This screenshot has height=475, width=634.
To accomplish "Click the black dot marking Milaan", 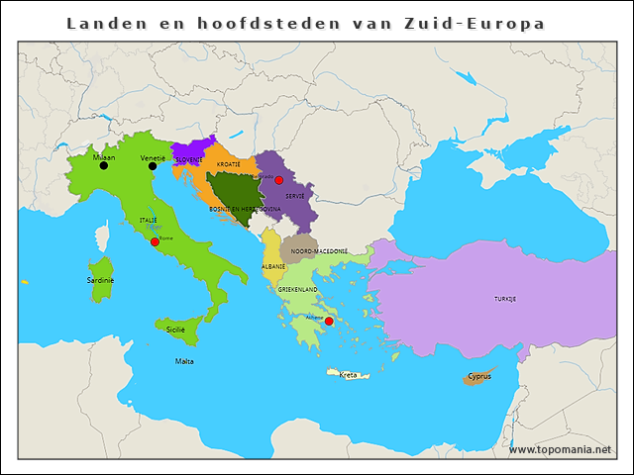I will (103, 166).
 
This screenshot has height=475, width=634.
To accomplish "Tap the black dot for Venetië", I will (153, 166).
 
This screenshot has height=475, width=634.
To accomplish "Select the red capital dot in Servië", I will (279, 180).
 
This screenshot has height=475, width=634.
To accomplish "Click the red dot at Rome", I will (155, 241).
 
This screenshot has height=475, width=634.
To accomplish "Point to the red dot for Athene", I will (329, 321).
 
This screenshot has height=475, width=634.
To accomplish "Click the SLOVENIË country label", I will (189, 159).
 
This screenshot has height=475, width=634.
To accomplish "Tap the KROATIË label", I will (229, 162).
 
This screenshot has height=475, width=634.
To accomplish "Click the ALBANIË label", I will (273, 266).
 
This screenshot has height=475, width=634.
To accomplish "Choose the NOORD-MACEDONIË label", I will (318, 251).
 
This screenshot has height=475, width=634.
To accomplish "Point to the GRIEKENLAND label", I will (297, 289).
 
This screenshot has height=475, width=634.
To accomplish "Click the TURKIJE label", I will (505, 298).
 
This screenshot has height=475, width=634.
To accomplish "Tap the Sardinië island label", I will (100, 280).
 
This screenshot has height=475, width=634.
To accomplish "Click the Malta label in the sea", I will (184, 361).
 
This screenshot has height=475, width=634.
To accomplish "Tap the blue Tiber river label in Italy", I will (153, 227).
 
